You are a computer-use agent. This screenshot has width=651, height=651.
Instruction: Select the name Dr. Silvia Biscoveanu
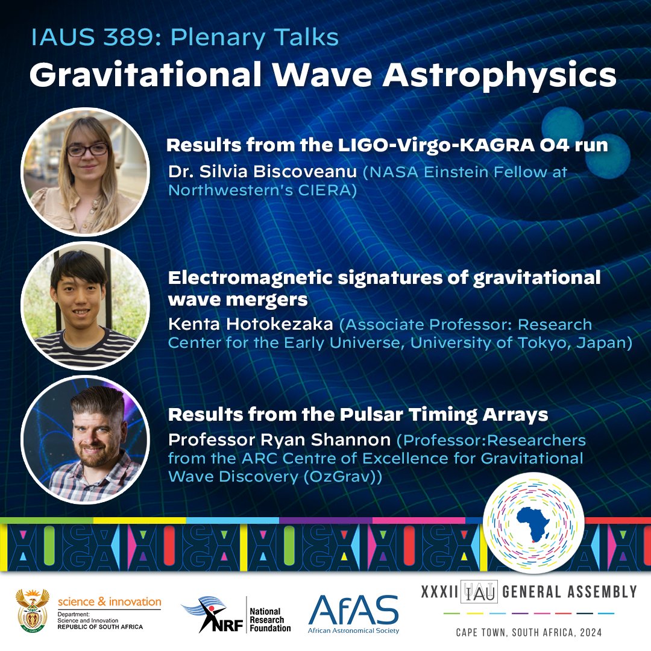pyautogui.click(x=263, y=173)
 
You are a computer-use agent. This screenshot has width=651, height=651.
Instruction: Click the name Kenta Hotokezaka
pyautogui.click(x=251, y=325)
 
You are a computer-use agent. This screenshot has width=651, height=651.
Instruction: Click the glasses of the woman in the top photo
pyautogui.click(x=87, y=149)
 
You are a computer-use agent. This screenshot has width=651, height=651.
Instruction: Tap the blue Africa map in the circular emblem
pyautogui.click(x=533, y=523)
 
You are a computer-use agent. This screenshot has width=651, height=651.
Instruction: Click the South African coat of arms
pyautogui.click(x=34, y=611)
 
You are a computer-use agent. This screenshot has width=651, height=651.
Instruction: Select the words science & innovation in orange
pyautogui.click(x=109, y=602)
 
